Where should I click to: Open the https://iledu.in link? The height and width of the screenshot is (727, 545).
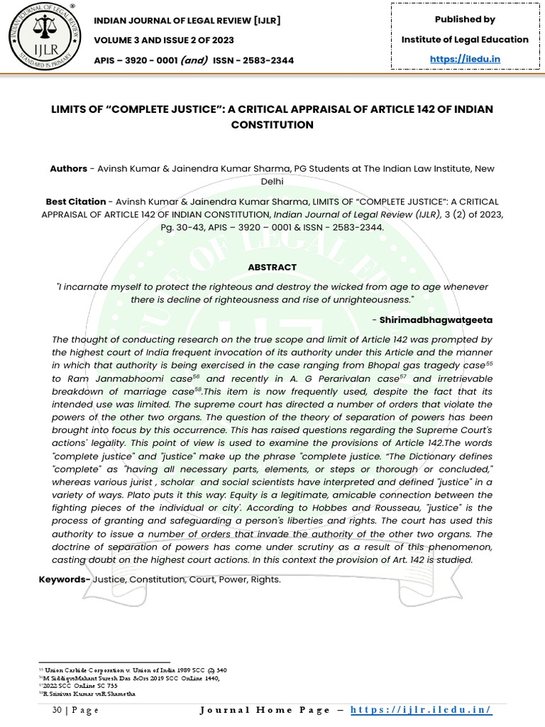(x=465, y=59)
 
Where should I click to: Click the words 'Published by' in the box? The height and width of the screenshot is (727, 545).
(x=465, y=19)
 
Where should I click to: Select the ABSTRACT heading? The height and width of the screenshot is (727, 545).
(x=272, y=267)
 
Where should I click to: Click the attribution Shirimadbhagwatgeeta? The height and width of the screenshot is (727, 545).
(x=436, y=320)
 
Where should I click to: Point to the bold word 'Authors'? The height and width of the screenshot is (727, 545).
(x=68, y=169)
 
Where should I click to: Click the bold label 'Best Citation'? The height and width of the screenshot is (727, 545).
(x=76, y=202)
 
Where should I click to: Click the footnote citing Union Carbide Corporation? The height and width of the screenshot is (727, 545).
(x=136, y=670)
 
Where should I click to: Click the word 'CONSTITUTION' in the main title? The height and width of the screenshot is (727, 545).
(x=272, y=125)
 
